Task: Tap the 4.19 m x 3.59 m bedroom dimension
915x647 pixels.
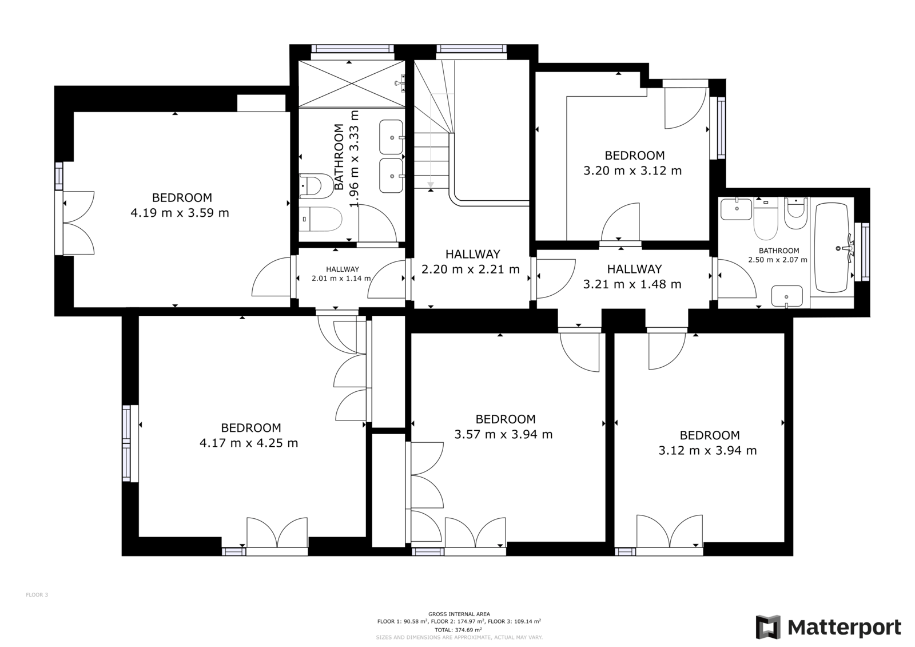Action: tap(180, 213)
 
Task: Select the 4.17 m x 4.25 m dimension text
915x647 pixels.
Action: tap(249, 443)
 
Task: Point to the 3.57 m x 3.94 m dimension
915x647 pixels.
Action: tap(504, 434)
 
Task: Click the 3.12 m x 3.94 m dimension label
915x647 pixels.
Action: tap(707, 450)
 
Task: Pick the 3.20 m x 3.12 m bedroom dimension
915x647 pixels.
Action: tap(632, 170)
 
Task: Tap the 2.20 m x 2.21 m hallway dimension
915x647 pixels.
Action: tap(471, 269)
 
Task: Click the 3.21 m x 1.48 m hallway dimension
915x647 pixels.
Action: tap(632, 284)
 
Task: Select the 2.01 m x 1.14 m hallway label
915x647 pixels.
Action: tap(341, 279)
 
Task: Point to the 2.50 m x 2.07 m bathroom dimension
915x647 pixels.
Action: tap(778, 260)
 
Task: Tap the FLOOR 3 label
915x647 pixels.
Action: tap(37, 595)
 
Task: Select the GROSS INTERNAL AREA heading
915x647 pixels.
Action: tap(459, 614)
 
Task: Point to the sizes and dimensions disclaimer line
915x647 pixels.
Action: tap(459, 637)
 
